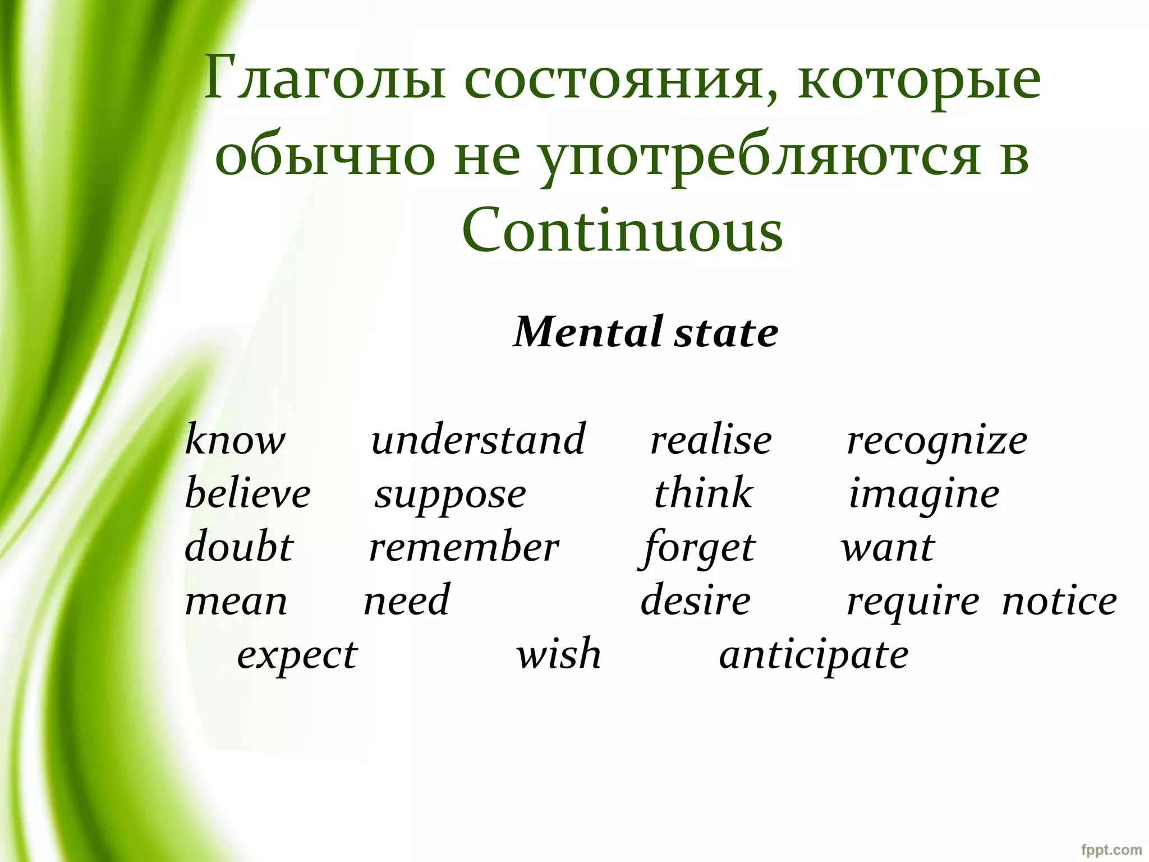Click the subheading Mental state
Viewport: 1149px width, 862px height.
click(646, 333)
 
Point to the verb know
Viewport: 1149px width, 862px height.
click(235, 441)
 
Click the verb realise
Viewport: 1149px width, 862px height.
click(711, 441)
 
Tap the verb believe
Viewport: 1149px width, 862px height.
click(247, 494)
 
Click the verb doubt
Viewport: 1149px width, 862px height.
click(239, 547)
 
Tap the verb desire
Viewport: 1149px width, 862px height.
click(696, 600)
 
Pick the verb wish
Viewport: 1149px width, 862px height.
click(559, 654)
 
